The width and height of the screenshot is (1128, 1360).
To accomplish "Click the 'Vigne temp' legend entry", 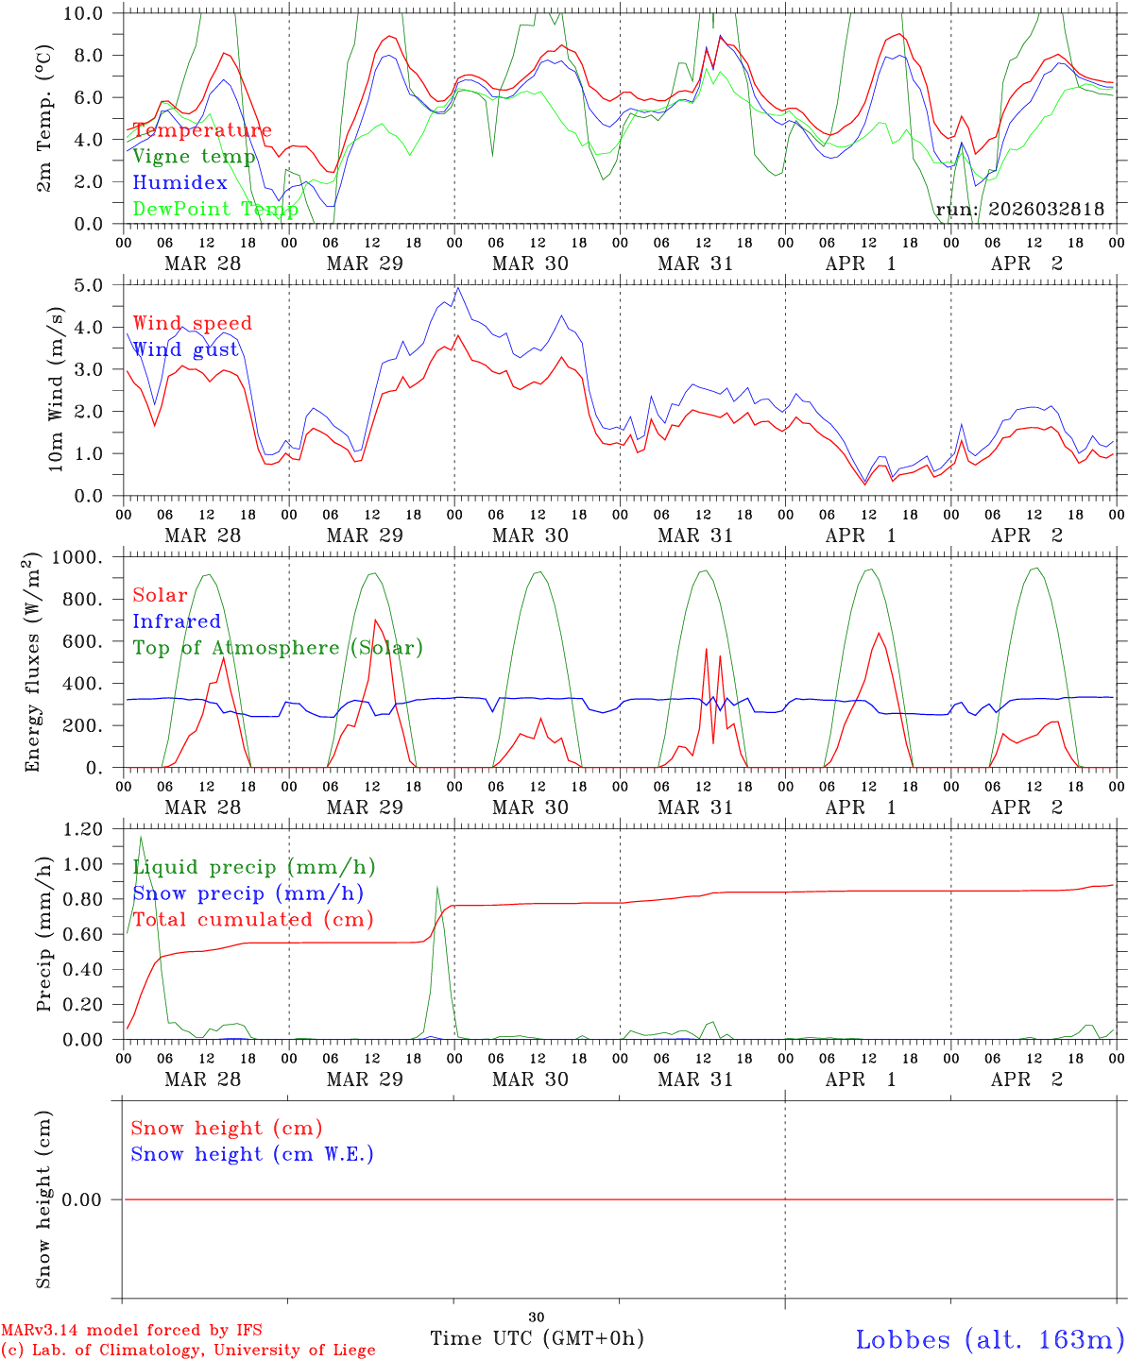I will [194, 157].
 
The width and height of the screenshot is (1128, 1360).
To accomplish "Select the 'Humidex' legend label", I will [179, 182].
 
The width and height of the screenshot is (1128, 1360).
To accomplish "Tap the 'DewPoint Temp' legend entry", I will [215, 209].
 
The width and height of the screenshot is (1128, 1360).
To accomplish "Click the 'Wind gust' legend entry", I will [185, 349].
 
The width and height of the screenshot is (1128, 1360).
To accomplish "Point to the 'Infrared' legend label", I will [176, 621].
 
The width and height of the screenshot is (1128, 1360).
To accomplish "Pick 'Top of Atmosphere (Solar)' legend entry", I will [277, 648].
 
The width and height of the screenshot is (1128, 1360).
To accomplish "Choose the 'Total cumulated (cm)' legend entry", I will [252, 920].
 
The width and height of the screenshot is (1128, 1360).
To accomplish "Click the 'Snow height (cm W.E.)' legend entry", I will [251, 1154].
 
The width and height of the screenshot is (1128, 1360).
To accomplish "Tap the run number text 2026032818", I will [1046, 209].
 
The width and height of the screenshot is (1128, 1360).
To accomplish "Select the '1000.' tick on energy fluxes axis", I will [82, 557].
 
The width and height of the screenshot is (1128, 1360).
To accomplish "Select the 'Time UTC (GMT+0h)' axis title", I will [537, 1338].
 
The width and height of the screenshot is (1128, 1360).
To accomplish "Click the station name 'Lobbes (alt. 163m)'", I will [989, 1339].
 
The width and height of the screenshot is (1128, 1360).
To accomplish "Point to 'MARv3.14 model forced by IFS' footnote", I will [131, 1331].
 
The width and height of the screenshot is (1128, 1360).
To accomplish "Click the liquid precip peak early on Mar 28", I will [141, 837].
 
